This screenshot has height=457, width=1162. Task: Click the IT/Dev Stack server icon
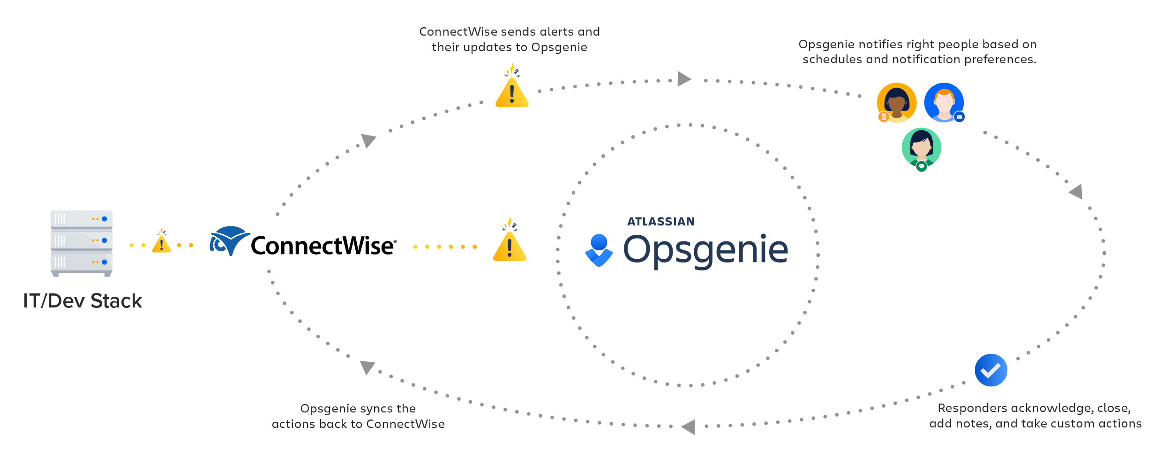pos(82,243)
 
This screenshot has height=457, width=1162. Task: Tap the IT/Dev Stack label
pos(82,301)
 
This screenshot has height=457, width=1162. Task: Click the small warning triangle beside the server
pos(161,242)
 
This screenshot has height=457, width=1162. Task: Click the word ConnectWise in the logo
pos(322,246)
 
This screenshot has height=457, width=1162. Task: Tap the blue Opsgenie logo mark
pos(599,250)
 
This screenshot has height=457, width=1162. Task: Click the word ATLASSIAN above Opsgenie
pos(661,222)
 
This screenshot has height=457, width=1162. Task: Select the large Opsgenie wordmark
pos(705,250)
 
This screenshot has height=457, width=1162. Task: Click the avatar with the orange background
pos(897,102)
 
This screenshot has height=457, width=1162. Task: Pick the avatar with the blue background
pos(944,102)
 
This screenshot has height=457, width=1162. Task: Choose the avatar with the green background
pos(921,147)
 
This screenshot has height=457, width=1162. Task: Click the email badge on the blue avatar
pos(959,117)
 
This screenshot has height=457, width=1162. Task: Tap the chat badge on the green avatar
pos(922,166)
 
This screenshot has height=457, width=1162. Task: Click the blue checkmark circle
pos(991,370)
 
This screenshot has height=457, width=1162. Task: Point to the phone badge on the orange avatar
pos(884,117)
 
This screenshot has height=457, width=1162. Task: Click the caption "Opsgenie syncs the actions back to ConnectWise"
pos(358,416)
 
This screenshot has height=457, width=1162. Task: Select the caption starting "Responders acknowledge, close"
pos(1035,416)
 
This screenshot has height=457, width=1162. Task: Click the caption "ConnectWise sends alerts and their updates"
pos(510,39)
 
